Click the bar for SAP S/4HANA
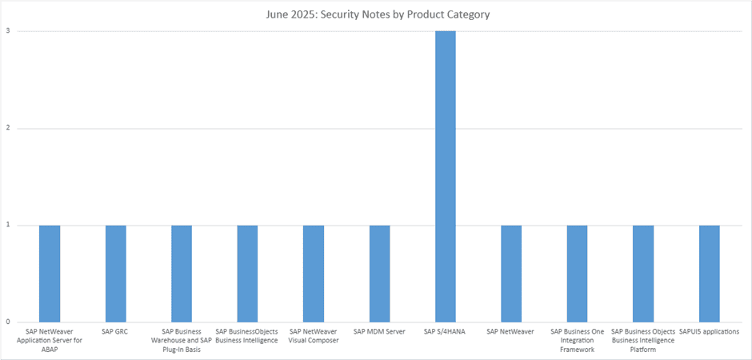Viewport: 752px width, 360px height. tap(446, 177)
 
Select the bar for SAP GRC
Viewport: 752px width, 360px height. tap(115, 274)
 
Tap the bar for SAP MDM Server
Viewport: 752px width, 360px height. tap(379, 274)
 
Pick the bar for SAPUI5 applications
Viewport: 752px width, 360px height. tap(710, 274)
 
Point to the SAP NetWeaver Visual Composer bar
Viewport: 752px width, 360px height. tap(314, 274)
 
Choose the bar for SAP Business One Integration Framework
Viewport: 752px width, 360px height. tap(578, 274)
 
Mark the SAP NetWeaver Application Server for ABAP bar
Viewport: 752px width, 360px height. tap(50, 274)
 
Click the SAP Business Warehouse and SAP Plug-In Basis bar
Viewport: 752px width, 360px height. tap(182, 274)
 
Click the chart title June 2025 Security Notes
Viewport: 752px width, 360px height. tap(378, 15)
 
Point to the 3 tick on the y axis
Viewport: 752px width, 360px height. tap(8, 31)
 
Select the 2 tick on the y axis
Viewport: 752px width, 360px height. tap(8, 129)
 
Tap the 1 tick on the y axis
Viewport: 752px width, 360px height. tap(8, 226)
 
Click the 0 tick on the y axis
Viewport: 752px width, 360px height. tap(8, 322)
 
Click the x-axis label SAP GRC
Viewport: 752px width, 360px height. tap(115, 331)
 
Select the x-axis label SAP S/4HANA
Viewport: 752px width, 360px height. tap(446, 331)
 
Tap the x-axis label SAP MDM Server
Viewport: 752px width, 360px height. tap(379, 331)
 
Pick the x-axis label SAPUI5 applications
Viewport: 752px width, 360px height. tap(710, 331)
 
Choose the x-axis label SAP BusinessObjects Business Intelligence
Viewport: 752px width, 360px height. tap(246, 336)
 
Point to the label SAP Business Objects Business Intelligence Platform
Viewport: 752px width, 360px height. tap(643, 340)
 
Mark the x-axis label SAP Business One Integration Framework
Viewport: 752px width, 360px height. tap(577, 340)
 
